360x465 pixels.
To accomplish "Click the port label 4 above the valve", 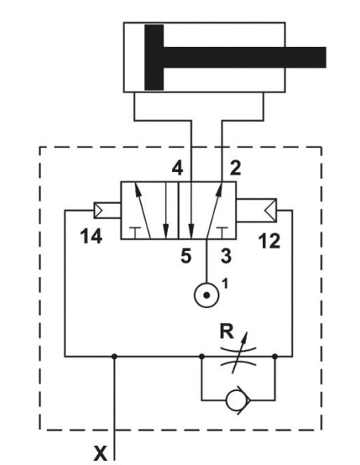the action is tap(178, 169).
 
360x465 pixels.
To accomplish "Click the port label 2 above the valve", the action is tap(236, 169).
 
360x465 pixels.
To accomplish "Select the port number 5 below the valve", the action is tap(186, 256).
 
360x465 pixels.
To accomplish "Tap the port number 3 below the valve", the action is tap(226, 256).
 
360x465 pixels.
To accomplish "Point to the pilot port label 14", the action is tap(92, 236).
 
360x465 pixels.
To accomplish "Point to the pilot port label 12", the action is tap(269, 240).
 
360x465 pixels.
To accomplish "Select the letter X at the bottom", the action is tap(100, 453).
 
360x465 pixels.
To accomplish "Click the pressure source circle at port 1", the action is tap(207, 295).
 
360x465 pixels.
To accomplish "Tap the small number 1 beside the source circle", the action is tap(225, 283).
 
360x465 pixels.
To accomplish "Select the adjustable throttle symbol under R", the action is tap(238, 356).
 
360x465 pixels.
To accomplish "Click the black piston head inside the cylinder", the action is tap(154, 57).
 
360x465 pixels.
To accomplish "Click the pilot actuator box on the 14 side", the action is tap(107, 210).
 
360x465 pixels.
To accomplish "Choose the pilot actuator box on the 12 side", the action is tap(256, 210).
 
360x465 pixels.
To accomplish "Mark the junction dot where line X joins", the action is tap(115, 356).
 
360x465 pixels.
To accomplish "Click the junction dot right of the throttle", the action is tap(275, 356).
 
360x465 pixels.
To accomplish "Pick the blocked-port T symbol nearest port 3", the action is tap(221, 232).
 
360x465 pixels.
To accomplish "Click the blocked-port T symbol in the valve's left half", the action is tap(135, 232).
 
